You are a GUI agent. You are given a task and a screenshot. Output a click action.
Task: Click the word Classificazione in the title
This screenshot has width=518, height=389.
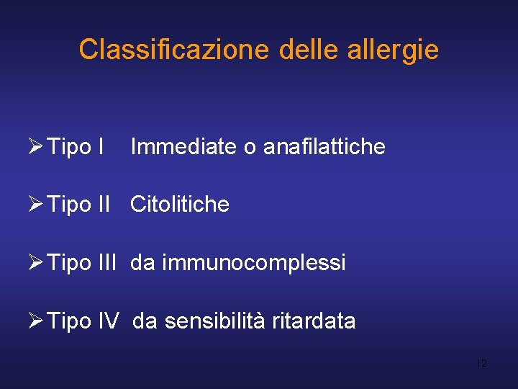pos(173,50)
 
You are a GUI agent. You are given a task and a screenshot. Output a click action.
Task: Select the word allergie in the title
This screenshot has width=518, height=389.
pos(394,50)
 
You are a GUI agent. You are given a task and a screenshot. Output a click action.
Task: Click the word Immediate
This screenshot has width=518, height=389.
pos(183,147)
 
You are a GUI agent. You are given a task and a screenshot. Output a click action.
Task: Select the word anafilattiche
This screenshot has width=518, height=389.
pos(324,147)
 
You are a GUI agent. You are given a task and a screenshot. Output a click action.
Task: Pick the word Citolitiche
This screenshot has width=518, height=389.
pos(180,205)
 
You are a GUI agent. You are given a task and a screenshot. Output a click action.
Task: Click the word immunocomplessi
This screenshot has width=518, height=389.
pos(254,263)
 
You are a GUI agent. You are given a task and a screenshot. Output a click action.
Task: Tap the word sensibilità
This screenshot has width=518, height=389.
pos(215,321)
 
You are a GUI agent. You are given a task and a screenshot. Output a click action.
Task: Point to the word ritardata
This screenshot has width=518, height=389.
pos(314,321)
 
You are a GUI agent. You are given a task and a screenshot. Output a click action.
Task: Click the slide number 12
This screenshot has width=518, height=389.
pos(481,363)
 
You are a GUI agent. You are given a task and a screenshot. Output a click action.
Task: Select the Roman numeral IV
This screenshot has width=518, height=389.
pos(106,321)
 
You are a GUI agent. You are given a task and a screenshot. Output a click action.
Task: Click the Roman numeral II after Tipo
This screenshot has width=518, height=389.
pos(103,205)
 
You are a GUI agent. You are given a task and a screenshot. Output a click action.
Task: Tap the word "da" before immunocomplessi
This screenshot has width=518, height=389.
pos(142,263)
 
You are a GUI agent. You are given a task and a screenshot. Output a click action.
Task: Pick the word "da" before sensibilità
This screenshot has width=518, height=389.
pos(145,321)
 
